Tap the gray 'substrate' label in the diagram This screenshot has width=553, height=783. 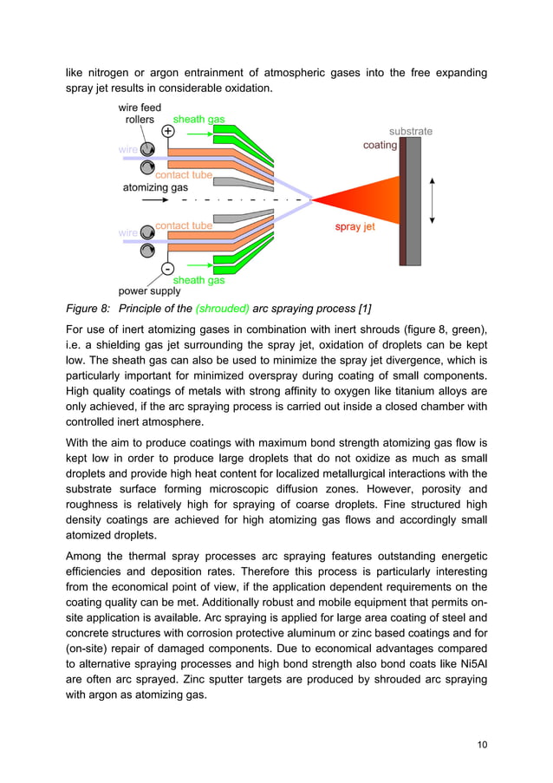pyautogui.click(x=410, y=132)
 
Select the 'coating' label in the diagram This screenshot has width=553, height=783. pyautogui.click(x=380, y=145)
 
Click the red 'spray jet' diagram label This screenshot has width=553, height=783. pyautogui.click(x=355, y=227)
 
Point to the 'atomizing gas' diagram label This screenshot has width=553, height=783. pyautogui.click(x=155, y=187)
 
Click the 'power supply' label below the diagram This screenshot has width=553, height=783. pyautogui.click(x=149, y=291)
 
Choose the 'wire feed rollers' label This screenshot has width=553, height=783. pyautogui.click(x=140, y=114)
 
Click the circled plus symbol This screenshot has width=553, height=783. pyautogui.click(x=168, y=131)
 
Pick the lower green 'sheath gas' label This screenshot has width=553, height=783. pyautogui.click(x=198, y=280)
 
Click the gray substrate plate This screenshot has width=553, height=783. pyautogui.click(x=413, y=200)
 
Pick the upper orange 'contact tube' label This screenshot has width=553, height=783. pyautogui.click(x=184, y=175)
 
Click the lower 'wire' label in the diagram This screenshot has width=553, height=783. pyautogui.click(x=127, y=232)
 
